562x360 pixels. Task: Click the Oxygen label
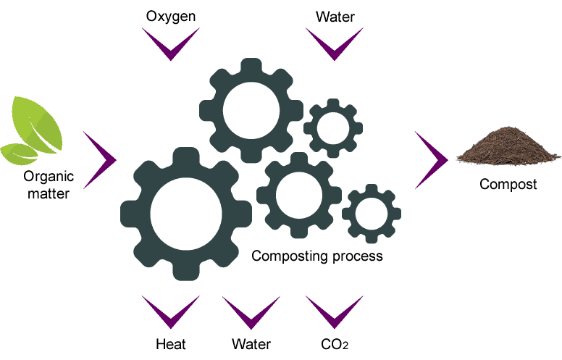171,16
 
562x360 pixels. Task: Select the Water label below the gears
251,343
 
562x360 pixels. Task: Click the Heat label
171,343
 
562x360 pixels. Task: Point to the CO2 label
334,343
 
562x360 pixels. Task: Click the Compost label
508,184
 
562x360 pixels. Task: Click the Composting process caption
316,256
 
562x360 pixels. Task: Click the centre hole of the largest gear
185,213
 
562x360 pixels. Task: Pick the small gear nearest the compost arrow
371,214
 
